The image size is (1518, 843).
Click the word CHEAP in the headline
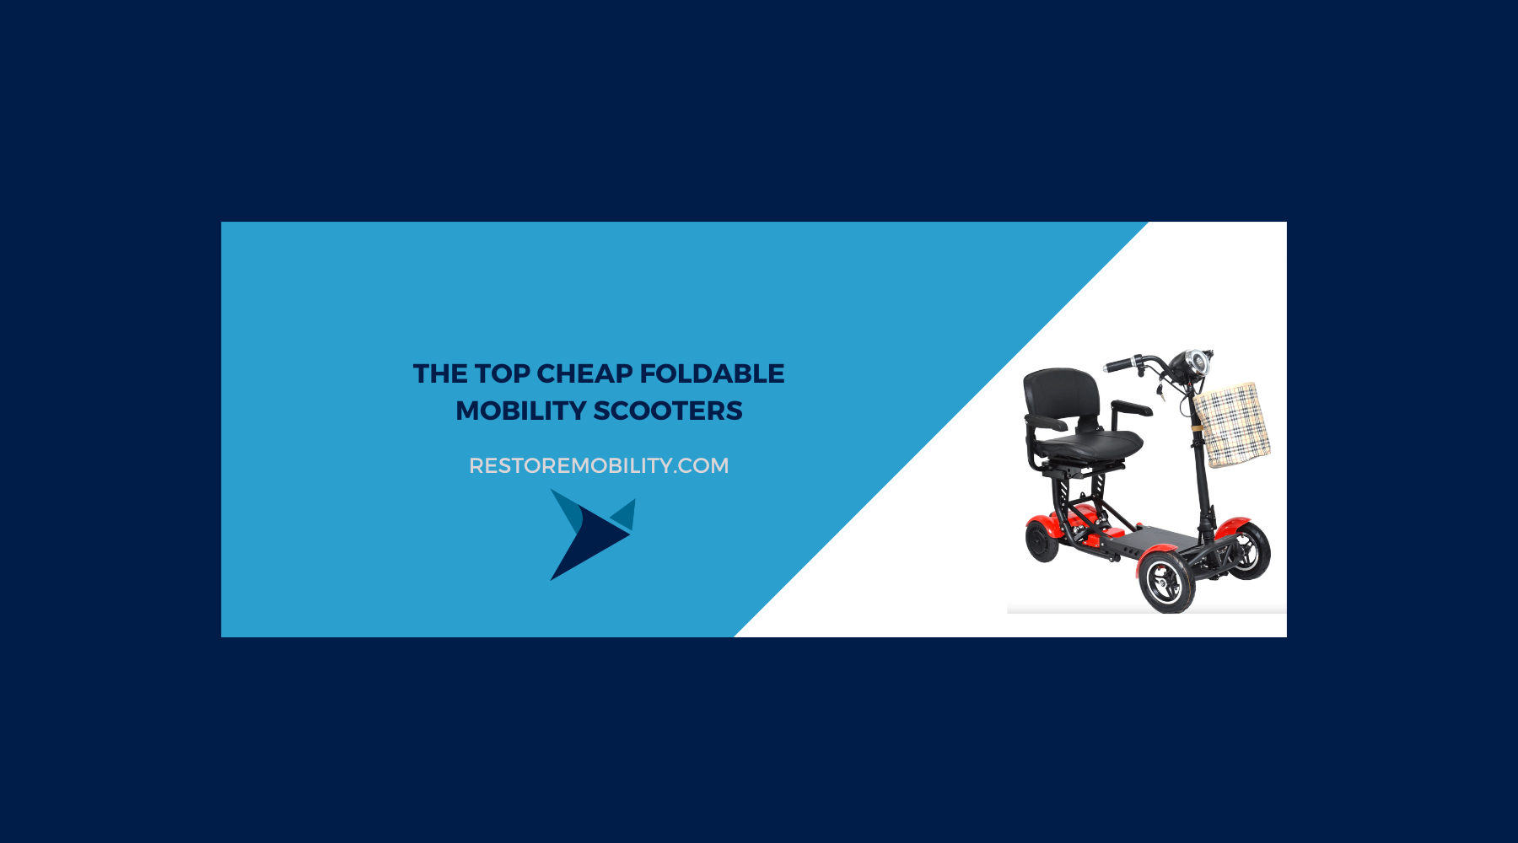[x=584, y=373]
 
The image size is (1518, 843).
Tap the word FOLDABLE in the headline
[x=712, y=373]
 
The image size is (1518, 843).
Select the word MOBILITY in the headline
[x=520, y=411]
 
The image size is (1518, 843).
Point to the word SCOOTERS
[x=668, y=411]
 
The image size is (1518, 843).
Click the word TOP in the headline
[x=502, y=373]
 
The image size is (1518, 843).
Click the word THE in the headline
[x=440, y=373]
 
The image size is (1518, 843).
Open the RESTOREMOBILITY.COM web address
[x=599, y=465]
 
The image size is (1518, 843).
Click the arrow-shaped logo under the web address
[x=592, y=534]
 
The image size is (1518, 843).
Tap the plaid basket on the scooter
[x=1232, y=425]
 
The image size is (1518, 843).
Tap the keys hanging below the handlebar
[x=1160, y=390]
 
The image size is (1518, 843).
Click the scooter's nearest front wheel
[x=1167, y=582]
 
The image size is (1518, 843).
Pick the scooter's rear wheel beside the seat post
[x=1042, y=540]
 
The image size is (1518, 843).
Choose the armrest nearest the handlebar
[x=1132, y=409]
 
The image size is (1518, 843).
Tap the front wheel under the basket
[x=1249, y=550]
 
